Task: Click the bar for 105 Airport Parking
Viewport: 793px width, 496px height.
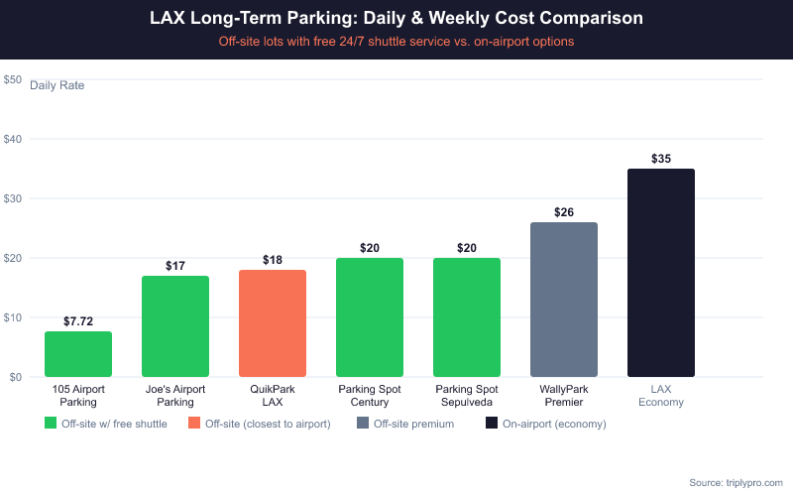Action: click(78, 354)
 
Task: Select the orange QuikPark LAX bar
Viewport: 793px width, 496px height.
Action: click(273, 323)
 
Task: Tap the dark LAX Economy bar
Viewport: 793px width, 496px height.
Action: click(661, 273)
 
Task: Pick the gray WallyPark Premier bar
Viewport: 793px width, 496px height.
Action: click(564, 300)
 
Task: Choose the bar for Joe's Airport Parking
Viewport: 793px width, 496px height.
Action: click(175, 326)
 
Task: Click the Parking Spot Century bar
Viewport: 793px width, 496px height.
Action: click(370, 317)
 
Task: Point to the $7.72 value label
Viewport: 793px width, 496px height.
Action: click(78, 321)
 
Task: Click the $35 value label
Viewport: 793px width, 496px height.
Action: click(661, 159)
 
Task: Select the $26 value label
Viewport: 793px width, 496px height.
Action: click(564, 212)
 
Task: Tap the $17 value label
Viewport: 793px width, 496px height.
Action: click(175, 266)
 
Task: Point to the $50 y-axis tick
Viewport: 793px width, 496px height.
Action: click(13, 79)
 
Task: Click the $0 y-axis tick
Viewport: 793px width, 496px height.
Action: click(16, 377)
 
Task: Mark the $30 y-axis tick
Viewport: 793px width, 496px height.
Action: click(13, 198)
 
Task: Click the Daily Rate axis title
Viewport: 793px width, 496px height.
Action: click(57, 85)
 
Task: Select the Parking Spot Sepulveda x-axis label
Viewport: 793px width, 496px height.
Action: click(467, 396)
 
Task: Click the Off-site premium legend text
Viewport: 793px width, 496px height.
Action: click(413, 424)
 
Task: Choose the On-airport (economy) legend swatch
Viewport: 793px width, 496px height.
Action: click(492, 424)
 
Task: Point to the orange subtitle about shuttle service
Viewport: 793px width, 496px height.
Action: click(396, 42)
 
